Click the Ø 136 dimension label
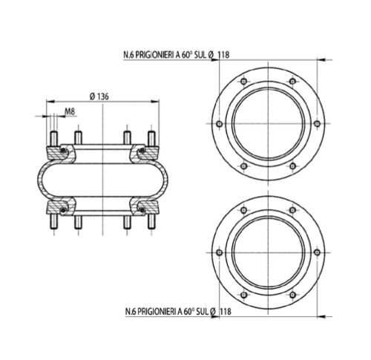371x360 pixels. pos(99,96)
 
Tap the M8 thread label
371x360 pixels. pos(70,111)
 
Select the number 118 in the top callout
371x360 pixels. pos(224,55)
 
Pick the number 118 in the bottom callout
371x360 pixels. pos(226,311)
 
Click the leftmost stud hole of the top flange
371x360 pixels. pos(220,124)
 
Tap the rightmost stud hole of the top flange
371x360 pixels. pos(317,124)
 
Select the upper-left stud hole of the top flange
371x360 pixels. pos(244,81)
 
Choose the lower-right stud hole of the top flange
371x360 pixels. pos(292,166)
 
